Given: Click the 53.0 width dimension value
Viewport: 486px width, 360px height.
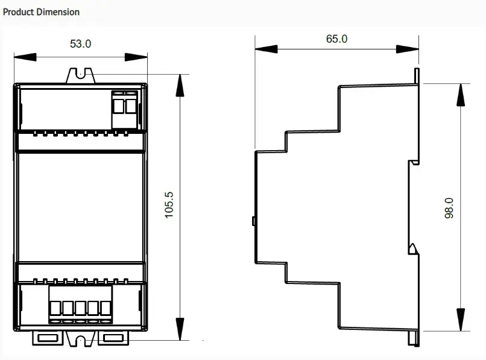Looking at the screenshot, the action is pyautogui.click(x=81, y=44).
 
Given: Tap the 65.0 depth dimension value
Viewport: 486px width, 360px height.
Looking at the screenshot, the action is pyautogui.click(x=336, y=39).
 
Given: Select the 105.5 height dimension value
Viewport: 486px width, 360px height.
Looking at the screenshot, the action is pyautogui.click(x=169, y=205).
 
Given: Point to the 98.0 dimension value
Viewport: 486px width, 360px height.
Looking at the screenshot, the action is pyautogui.click(x=449, y=208).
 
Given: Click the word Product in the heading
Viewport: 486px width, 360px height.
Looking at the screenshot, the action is pyautogui.click(x=18, y=12).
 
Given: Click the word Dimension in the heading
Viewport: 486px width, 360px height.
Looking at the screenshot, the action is pyautogui.click(x=58, y=12).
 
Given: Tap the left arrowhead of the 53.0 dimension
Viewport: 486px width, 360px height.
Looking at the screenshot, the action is pyautogui.click(x=25, y=57).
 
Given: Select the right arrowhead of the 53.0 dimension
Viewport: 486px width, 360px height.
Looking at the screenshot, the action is pyautogui.click(x=136, y=57).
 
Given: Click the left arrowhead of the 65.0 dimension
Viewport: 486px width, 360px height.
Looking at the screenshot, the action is pyautogui.click(x=267, y=49).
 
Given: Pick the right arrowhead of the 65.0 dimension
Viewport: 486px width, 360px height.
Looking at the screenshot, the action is pyautogui.click(x=408, y=49).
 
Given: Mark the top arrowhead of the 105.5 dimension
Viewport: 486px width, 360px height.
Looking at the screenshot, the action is pyautogui.click(x=180, y=86).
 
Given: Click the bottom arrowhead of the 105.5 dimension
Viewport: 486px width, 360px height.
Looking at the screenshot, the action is pyautogui.click(x=180, y=329).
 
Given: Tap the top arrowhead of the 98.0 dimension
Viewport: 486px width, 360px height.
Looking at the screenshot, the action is pyautogui.click(x=461, y=95).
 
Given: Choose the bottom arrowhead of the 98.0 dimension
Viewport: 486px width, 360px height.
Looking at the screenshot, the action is pyautogui.click(x=461, y=320).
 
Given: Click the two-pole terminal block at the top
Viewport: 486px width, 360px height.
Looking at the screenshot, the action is pyautogui.click(x=124, y=110).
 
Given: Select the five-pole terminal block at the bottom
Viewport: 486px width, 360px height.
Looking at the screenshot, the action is pyautogui.click(x=80, y=305).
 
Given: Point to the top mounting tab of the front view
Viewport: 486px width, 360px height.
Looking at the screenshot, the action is pyautogui.click(x=81, y=75).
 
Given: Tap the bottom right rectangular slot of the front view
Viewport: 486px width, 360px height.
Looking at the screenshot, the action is pyautogui.click(x=113, y=338).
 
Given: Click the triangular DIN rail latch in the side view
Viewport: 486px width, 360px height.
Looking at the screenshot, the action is pyautogui.click(x=413, y=248).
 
